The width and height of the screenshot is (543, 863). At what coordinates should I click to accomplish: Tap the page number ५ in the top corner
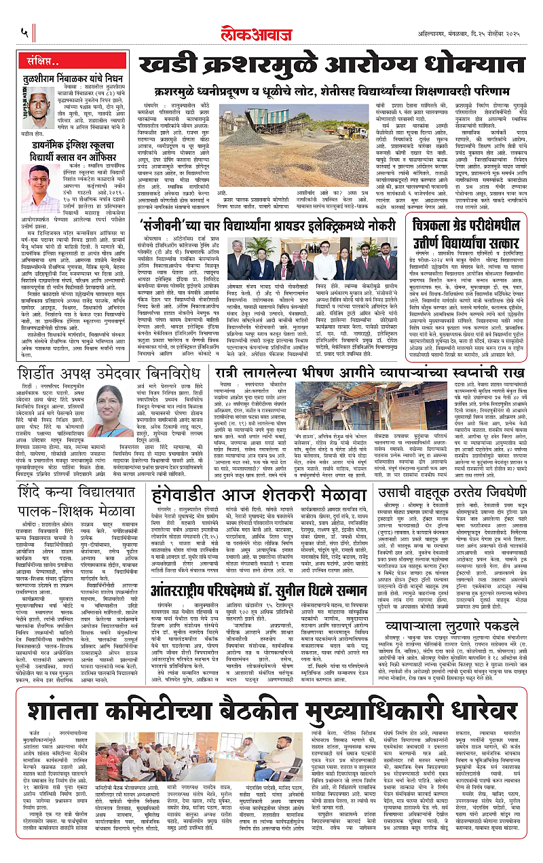(24, 32)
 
